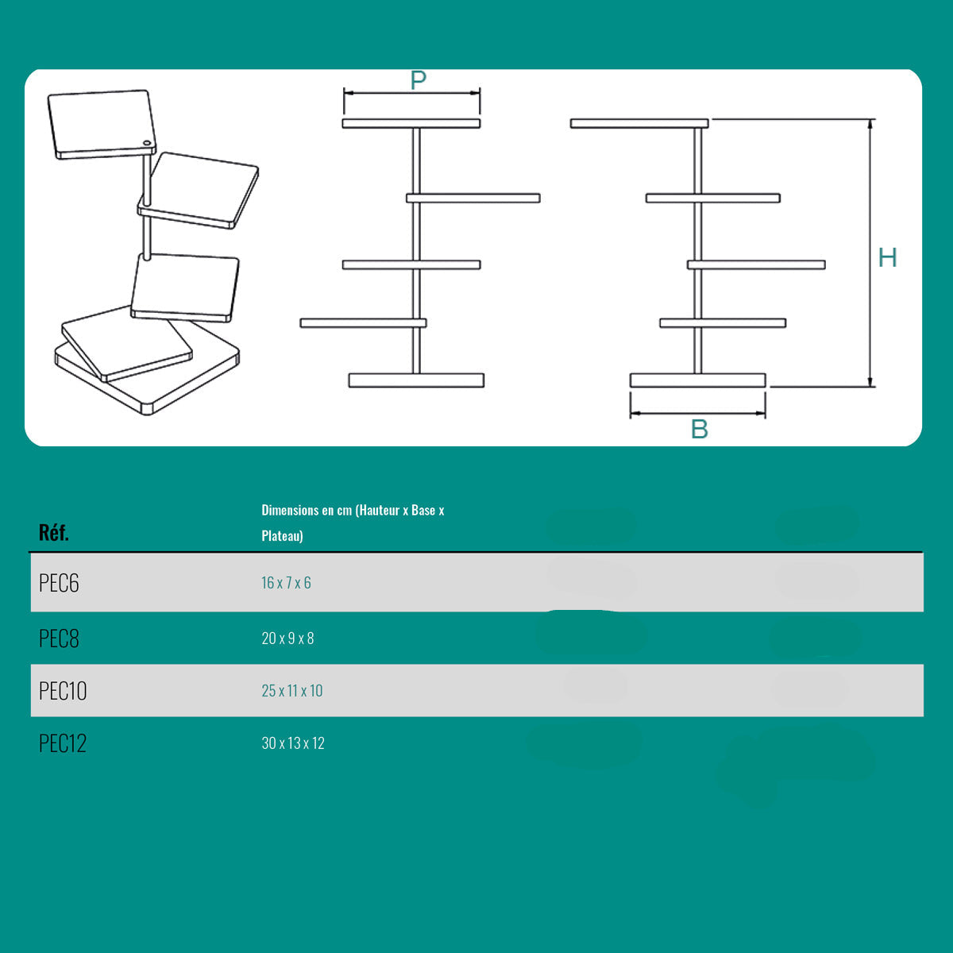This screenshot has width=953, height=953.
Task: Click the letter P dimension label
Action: click(x=419, y=80)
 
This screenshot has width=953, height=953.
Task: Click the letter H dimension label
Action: click(x=887, y=257)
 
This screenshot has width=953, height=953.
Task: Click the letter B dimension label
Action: click(x=699, y=429)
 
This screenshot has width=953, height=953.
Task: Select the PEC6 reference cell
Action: click(x=60, y=583)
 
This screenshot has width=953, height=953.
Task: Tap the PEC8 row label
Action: click(x=60, y=639)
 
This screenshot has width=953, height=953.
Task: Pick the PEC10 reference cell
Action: click(x=63, y=691)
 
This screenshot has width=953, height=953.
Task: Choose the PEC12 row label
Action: click(x=63, y=743)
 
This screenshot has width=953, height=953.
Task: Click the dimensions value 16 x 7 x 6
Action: click(x=286, y=583)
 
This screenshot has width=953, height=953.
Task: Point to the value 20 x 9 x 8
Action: click(x=287, y=639)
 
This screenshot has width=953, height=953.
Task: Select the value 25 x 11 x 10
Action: click(x=292, y=691)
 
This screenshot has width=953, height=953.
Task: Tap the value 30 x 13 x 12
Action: click(x=293, y=743)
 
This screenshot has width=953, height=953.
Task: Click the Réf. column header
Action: click(x=54, y=532)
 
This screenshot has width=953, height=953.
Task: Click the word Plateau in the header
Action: click(x=282, y=536)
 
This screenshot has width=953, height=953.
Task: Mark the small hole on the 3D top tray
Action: click(x=147, y=144)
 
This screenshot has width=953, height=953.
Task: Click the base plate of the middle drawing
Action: click(x=416, y=380)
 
